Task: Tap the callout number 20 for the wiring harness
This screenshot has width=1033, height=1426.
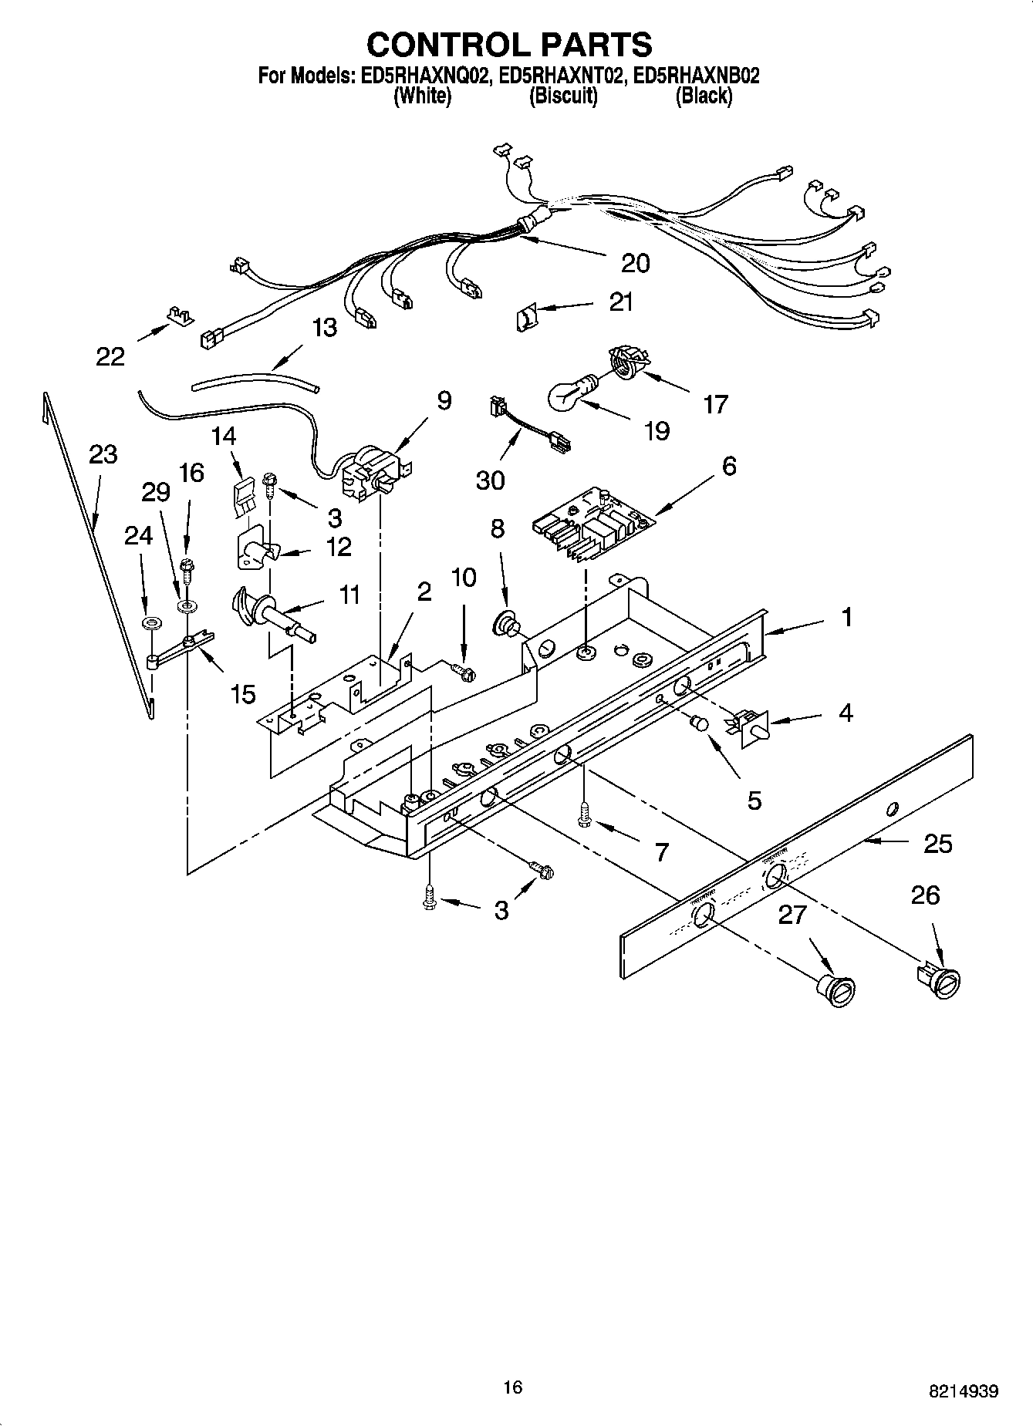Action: pos(635,264)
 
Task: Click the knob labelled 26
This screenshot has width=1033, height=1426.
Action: pos(942,982)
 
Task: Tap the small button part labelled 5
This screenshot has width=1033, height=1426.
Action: pos(700,724)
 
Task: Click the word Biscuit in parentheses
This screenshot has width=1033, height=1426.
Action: pos(563,96)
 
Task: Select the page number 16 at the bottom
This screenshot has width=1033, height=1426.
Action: pos(512,1387)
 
